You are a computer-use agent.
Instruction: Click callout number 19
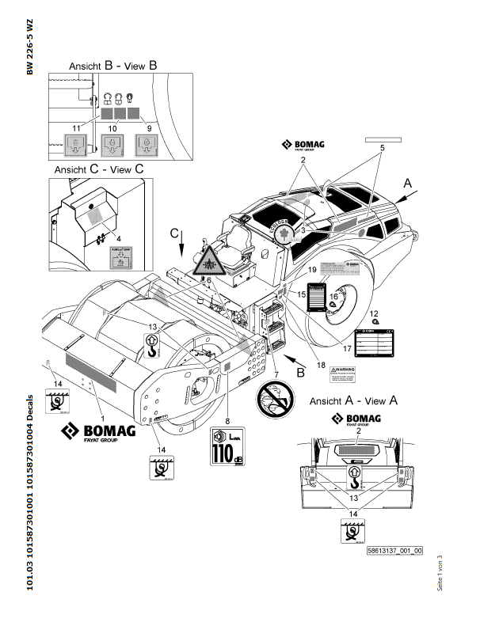tap(312, 270)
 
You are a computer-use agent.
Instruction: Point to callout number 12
tap(375, 313)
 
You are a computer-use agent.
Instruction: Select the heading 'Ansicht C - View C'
tap(99, 169)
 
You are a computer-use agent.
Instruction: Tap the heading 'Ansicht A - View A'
tap(353, 401)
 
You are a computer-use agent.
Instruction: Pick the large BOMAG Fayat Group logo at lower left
tap(99, 434)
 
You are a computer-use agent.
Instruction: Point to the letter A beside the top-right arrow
tap(408, 182)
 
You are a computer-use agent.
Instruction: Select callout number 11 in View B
tap(76, 127)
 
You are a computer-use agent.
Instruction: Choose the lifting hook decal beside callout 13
tap(152, 343)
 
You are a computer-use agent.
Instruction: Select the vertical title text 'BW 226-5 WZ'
tap(30, 47)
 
